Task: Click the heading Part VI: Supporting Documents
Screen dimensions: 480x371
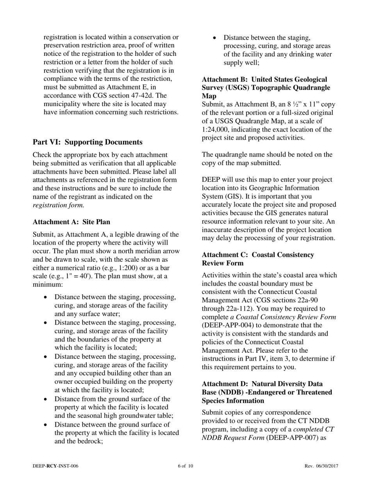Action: pos(87,142)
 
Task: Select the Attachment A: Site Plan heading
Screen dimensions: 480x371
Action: pos(71,222)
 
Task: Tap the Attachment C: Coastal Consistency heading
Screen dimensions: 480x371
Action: pos(258,255)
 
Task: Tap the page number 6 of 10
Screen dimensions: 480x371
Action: pos(185,466)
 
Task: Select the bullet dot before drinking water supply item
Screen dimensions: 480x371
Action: pos(214,38)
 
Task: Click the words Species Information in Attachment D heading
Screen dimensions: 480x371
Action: pos(233,401)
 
